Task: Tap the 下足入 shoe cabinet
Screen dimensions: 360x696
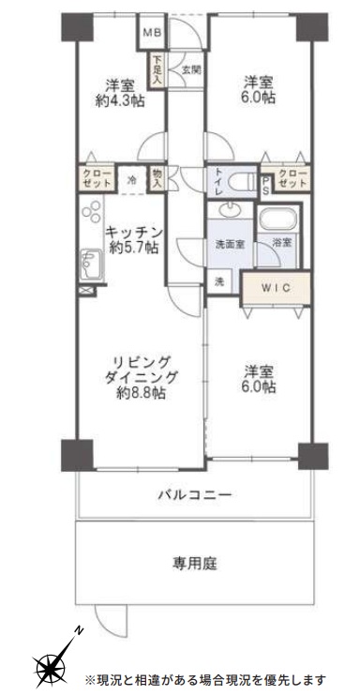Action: click(157, 69)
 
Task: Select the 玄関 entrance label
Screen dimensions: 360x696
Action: click(191, 69)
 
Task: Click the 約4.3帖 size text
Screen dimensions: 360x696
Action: click(120, 100)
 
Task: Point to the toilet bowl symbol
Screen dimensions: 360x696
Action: click(241, 182)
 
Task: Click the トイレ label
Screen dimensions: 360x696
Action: click(219, 182)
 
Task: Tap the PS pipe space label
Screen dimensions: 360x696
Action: click(266, 183)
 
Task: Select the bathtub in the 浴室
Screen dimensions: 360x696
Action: click(277, 219)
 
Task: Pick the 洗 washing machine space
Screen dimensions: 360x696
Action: click(219, 281)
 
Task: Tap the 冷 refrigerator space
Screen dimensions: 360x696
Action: click(132, 180)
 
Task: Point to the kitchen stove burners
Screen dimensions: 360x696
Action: click(92, 211)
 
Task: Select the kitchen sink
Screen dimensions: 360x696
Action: click(92, 265)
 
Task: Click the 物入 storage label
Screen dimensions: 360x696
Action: click(157, 178)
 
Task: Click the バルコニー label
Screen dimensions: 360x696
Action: click(195, 494)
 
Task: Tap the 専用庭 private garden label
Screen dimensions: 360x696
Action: click(195, 564)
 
